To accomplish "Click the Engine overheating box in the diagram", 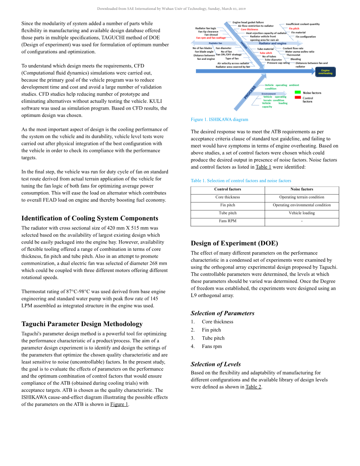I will pos(325,72).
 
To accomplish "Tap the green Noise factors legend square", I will pos(298,92).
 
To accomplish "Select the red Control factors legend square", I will pos(298,98).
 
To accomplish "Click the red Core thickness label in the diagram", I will pos(249,30).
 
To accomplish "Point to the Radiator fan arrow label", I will pos(216,43).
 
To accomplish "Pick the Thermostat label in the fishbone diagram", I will pos(293,55).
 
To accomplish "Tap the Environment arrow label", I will pos(268,94).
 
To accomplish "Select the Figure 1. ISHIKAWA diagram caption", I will pos(219,120).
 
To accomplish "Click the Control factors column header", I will pos(227,189).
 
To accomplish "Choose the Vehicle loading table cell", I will pos(301,213).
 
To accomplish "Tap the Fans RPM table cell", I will pos(227,221).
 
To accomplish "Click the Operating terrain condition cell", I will pos(301,197).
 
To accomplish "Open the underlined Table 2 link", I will pos(253,387).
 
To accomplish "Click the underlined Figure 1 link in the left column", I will pos(119,404).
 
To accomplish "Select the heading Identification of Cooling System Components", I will pos(90,218).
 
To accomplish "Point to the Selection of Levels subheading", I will pos(216,364).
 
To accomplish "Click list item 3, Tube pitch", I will pos(213,338).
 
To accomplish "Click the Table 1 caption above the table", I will pos(241,181).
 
